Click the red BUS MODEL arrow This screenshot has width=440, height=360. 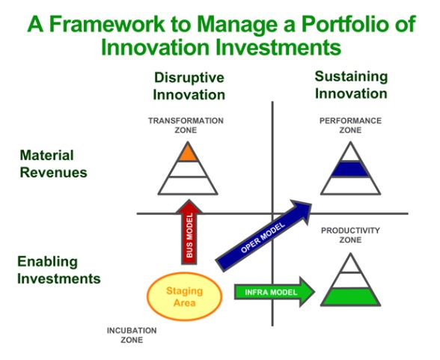[x=189, y=232]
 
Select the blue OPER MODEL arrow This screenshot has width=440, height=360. [x=263, y=236]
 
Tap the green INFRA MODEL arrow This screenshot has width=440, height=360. [x=275, y=292]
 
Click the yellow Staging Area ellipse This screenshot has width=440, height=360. [x=185, y=296]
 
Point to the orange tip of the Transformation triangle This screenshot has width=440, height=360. [x=188, y=153]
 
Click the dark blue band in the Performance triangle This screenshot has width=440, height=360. [x=350, y=169]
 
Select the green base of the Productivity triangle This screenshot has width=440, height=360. [x=350, y=297]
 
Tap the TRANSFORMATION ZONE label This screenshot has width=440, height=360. [x=186, y=126]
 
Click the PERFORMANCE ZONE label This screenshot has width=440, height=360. [x=350, y=126]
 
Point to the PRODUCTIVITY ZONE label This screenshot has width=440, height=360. [x=350, y=235]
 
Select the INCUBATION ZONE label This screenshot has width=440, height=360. [x=132, y=335]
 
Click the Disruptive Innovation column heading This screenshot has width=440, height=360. [x=189, y=86]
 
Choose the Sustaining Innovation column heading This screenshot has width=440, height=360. [x=351, y=85]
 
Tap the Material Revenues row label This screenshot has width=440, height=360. [x=53, y=164]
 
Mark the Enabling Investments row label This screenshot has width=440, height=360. [x=59, y=270]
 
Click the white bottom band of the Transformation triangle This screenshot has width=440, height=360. [x=188, y=186]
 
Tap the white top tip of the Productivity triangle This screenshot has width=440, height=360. [x=350, y=263]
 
